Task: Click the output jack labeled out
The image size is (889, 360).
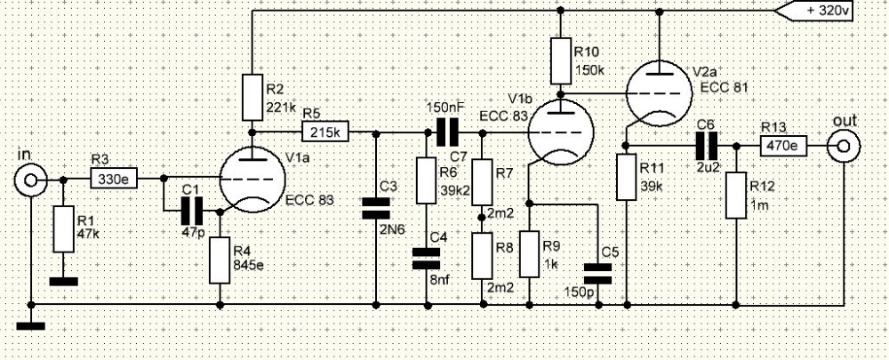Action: (x=843, y=147)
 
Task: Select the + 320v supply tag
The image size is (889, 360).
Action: (x=813, y=11)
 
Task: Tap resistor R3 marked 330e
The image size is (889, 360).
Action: (x=114, y=180)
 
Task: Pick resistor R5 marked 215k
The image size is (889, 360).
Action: (x=325, y=132)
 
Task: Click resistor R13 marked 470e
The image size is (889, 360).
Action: (x=783, y=147)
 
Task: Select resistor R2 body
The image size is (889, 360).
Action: (x=252, y=97)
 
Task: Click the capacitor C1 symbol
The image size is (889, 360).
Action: (x=192, y=211)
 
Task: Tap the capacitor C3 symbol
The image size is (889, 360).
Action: (x=375, y=208)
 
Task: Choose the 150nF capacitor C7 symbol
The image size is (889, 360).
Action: (x=447, y=132)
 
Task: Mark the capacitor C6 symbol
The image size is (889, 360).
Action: (x=707, y=147)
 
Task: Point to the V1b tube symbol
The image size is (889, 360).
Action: (x=560, y=132)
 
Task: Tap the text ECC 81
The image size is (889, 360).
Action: (x=724, y=87)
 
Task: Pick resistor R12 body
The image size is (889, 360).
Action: (x=736, y=196)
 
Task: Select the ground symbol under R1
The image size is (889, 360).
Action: (x=63, y=282)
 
